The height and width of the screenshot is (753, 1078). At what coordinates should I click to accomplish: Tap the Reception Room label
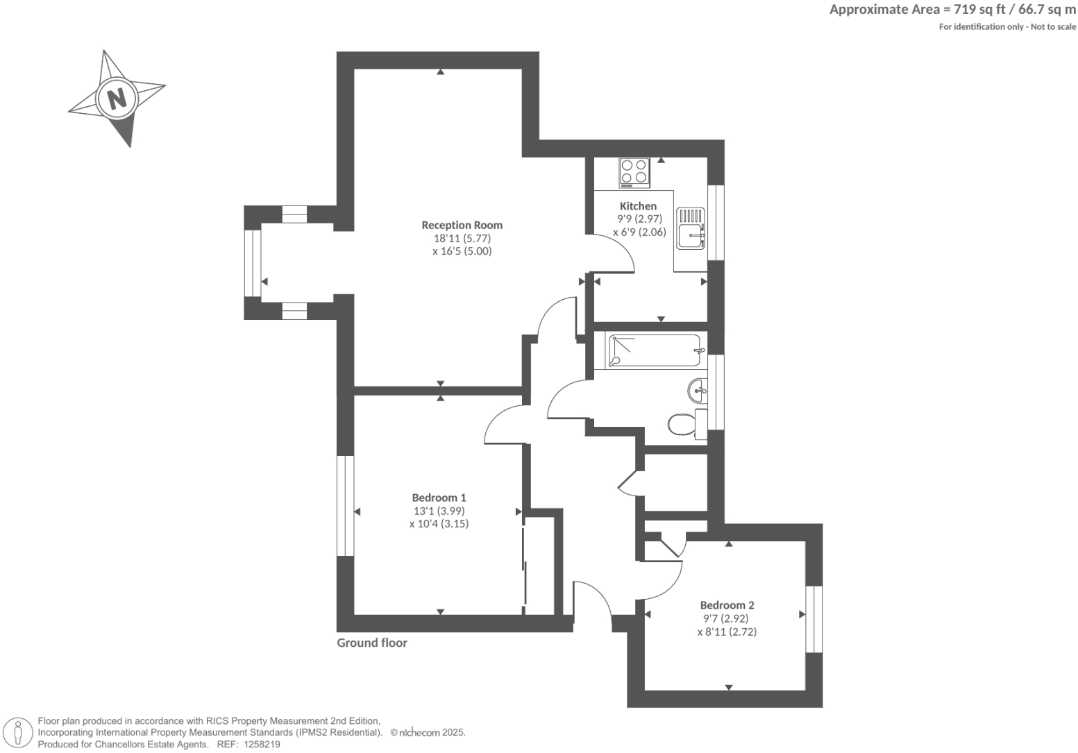[462, 225]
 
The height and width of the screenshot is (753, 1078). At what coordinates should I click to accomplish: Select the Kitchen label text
[638, 206]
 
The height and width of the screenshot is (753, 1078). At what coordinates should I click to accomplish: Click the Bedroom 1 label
[439, 498]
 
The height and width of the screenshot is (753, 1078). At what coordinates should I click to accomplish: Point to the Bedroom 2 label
[727, 605]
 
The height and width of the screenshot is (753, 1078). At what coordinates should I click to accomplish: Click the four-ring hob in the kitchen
[634, 173]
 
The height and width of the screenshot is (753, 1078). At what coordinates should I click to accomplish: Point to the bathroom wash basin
[697, 391]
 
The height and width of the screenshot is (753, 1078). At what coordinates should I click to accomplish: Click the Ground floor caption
[372, 643]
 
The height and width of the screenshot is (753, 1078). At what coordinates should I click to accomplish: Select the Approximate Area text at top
[952, 10]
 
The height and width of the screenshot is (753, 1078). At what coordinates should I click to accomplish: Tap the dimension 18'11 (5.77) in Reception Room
[462, 238]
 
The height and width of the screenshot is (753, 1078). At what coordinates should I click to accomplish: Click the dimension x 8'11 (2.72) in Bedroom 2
[727, 632]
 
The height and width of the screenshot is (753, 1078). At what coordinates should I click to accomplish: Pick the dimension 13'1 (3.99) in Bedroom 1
[439, 511]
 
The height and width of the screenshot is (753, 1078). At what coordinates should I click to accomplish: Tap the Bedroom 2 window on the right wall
[814, 619]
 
